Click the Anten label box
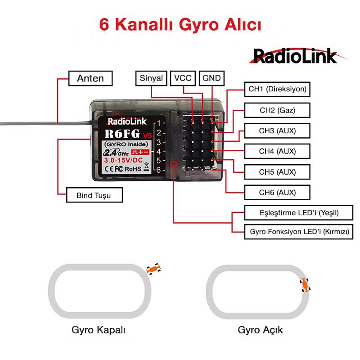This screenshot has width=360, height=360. click(90, 78)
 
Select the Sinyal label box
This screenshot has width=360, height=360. click(151, 78)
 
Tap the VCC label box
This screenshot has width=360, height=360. click(183, 78)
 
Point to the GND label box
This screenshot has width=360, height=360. click(211, 78)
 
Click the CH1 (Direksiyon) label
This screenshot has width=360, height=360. click(277, 89)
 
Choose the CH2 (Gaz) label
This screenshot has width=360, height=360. click(277, 110)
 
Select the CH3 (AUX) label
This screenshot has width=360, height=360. click(277, 130)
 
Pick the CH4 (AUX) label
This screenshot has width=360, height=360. click(277, 151)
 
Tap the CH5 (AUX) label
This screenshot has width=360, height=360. click(277, 171)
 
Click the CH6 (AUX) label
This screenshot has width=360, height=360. click(277, 192)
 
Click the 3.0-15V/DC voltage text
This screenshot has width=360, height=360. click(123, 160)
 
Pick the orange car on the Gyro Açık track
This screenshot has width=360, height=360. click(306, 285)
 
